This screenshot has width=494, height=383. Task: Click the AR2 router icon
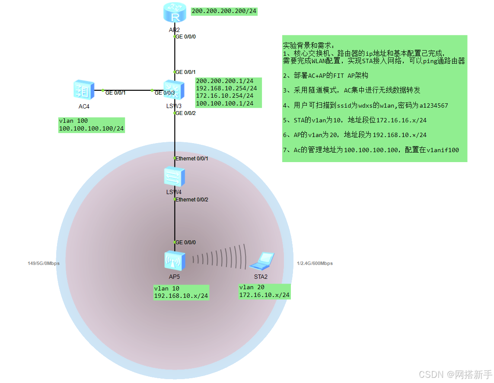tap(174, 13)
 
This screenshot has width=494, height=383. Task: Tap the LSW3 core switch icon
tap(174, 90)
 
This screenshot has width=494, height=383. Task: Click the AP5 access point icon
tap(175, 260)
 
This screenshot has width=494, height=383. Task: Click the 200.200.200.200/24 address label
tap(224, 11)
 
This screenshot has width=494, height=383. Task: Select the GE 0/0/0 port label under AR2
tap(185, 37)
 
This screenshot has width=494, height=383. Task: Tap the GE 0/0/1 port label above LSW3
tap(185, 72)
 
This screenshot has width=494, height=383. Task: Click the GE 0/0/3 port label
tap(165, 93)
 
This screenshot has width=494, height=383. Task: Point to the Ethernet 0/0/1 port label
tap(191, 159)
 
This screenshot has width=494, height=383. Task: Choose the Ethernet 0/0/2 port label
tap(191, 200)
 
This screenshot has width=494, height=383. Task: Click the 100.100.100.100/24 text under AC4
tap(91, 128)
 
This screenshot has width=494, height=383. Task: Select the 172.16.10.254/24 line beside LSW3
tap(224, 96)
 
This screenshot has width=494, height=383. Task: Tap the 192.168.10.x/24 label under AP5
tap(181, 296)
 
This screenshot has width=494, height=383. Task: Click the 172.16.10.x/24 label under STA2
tap(264, 295)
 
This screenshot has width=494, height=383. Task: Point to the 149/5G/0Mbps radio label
tap(44, 263)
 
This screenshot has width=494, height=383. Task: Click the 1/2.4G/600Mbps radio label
tap(315, 263)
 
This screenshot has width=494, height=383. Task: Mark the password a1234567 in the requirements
tap(433, 105)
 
